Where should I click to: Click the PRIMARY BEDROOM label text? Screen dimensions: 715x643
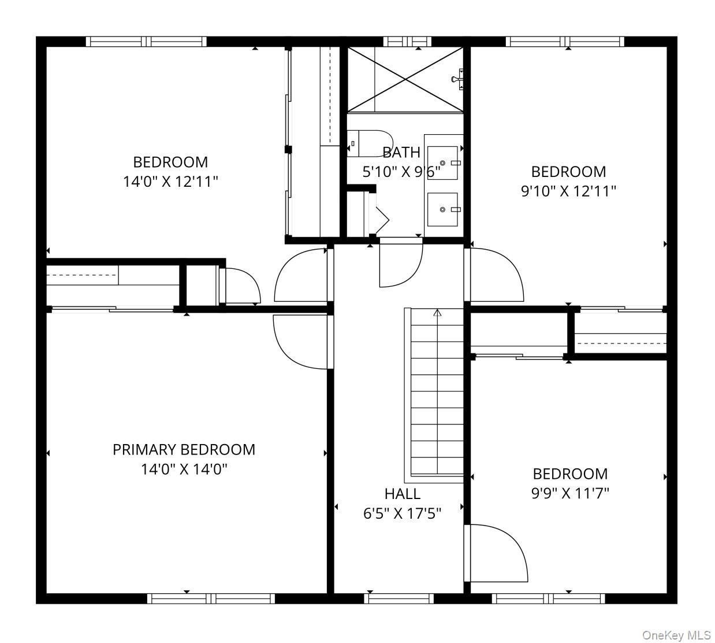coord(184,450)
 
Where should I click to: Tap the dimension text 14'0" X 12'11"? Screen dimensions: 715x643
coord(170,182)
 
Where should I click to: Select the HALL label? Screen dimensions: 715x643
coord(403,494)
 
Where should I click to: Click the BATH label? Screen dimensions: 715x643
coord(401,152)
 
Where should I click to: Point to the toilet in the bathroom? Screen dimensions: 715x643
coord(369,143)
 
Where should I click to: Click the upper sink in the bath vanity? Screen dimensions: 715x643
coord(443,163)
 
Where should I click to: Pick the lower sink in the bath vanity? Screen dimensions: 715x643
coord(443,209)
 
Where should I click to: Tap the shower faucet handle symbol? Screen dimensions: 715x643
coord(457,79)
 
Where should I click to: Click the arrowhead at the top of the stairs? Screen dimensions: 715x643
coord(438,312)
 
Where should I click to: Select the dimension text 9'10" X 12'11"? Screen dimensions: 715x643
coord(568,191)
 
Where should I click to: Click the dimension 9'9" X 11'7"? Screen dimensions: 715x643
coord(570,493)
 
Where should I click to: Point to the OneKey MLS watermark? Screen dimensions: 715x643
coord(676,635)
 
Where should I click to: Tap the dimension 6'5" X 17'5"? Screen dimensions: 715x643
coord(403,513)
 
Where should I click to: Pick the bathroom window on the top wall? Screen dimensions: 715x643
coord(408,42)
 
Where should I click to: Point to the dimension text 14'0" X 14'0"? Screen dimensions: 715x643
coord(184,470)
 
